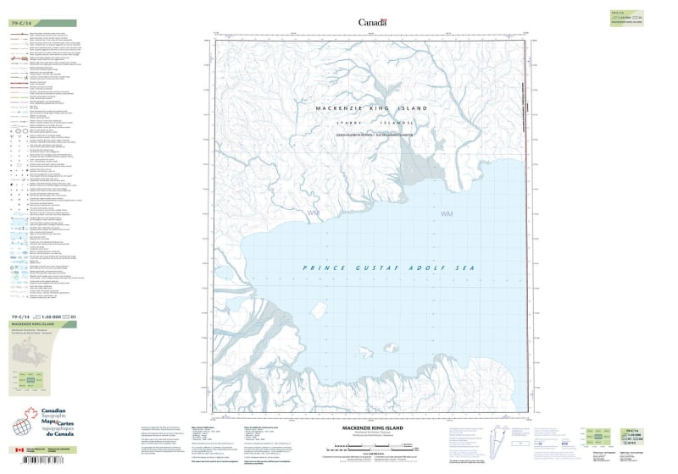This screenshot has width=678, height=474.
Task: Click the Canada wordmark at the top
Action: (372, 22)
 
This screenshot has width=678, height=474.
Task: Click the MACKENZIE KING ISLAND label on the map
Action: (371, 109)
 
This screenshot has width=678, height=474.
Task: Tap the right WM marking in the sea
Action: (447, 215)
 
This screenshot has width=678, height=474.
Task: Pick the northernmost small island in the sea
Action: (320, 308)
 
